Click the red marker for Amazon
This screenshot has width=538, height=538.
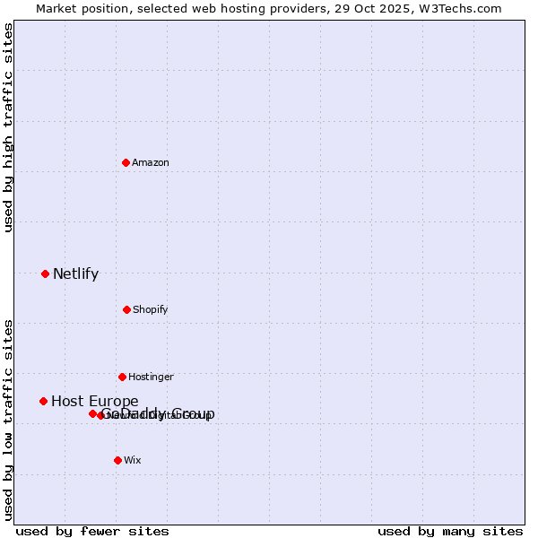[126, 162]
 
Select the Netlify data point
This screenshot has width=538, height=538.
[45, 273]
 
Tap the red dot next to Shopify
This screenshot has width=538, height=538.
[126, 309]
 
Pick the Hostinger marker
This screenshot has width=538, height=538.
[122, 377]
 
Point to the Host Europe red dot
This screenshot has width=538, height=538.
[43, 401]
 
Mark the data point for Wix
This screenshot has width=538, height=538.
[117, 460]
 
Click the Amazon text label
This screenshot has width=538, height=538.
[151, 162]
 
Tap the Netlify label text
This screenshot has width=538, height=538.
[75, 274]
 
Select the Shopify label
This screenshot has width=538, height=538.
[151, 309]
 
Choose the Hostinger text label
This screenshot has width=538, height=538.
[151, 377]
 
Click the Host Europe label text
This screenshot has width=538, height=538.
[94, 402]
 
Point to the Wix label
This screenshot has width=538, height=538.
[132, 460]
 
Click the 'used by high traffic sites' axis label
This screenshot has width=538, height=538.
[9, 128]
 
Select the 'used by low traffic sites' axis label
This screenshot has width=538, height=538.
[9, 419]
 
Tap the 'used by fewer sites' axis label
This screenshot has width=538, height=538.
[92, 531]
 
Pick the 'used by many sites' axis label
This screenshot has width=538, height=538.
[450, 531]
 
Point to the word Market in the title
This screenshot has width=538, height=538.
[56, 9]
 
